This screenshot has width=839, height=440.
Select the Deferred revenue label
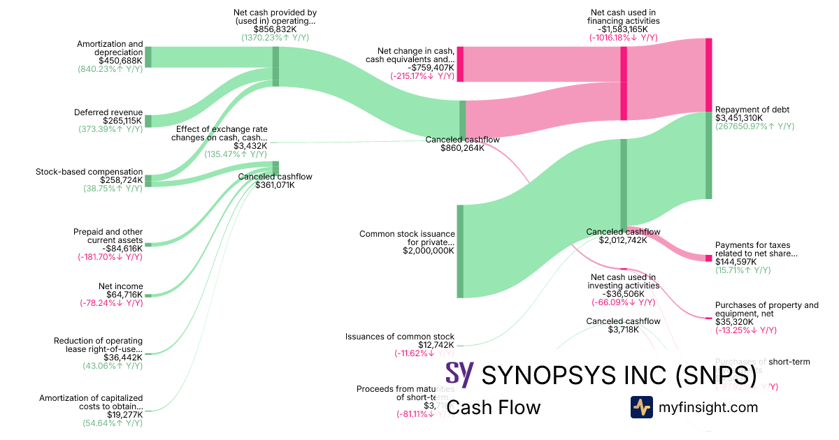[x=108, y=112]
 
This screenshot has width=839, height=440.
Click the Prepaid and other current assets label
[x=108, y=236]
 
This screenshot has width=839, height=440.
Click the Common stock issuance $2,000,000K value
[x=429, y=251]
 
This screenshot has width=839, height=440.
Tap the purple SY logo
[x=459, y=375]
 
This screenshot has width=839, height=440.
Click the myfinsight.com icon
[x=641, y=407]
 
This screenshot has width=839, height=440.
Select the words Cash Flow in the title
[x=493, y=407]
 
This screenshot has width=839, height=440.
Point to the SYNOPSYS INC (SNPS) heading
[x=619, y=375]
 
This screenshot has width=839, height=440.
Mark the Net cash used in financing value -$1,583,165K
[x=623, y=29]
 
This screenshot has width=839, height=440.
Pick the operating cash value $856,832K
[x=275, y=29]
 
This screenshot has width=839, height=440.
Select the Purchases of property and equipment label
[x=766, y=309]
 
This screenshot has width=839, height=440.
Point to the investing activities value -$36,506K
[x=623, y=293]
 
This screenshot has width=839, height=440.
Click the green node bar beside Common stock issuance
[x=460, y=251]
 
